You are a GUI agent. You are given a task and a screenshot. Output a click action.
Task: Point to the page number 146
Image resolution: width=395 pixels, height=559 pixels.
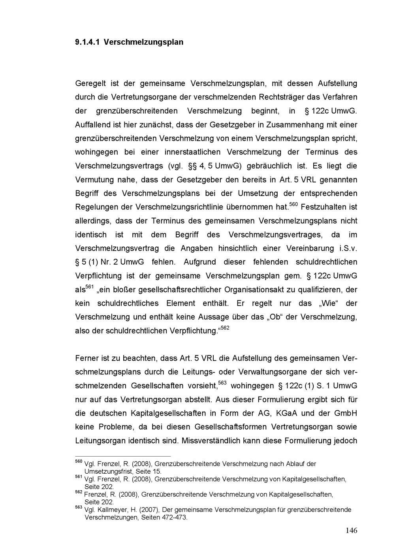pos(351,531)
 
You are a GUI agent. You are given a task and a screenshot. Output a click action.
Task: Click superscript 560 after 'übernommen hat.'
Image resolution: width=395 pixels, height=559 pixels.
pos(293,204)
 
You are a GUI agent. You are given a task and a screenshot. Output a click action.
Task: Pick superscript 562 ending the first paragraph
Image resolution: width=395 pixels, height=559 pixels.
pos(224,328)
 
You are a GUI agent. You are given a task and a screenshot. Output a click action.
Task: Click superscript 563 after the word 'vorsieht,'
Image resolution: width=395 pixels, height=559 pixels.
pos(222,383)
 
